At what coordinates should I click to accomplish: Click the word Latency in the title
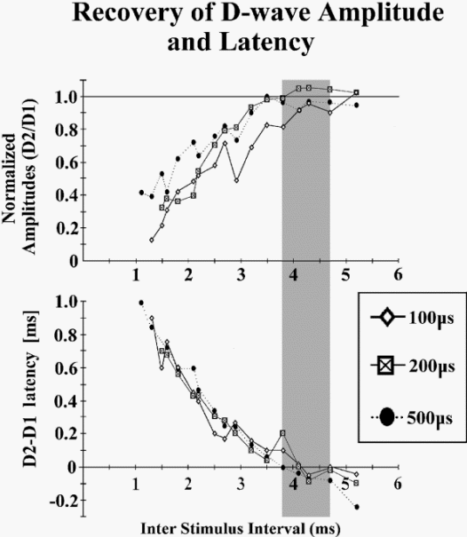(266, 42)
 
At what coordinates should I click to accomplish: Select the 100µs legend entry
(413, 318)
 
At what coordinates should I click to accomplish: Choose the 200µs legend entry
(413, 366)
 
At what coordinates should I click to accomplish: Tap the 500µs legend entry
(413, 417)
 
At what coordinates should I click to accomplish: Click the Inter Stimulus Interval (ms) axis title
(241, 528)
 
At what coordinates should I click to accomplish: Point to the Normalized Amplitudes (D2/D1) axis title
(20, 177)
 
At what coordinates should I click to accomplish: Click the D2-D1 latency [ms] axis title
(30, 389)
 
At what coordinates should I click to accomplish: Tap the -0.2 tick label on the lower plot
(64, 501)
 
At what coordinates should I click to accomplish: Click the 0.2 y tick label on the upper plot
(67, 228)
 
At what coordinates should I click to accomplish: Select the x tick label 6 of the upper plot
(398, 275)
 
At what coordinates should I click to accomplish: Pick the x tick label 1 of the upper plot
(137, 275)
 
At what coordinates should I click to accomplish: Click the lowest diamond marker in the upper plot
(152, 240)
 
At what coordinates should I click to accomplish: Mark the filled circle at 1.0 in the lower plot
(141, 303)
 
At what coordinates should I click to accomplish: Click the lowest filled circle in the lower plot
(357, 507)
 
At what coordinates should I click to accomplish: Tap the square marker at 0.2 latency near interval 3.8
(282, 433)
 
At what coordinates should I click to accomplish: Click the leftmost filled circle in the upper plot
(141, 193)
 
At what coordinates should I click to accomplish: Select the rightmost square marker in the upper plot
(356, 92)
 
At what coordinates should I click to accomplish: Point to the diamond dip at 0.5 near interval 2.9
(236, 180)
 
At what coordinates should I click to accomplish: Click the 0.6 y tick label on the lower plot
(67, 367)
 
